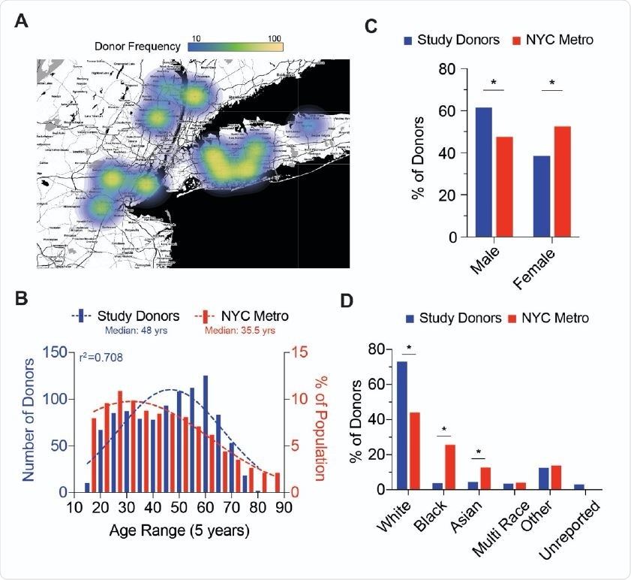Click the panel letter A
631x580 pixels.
pos(23,23)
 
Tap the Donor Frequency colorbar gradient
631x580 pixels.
pos(235,47)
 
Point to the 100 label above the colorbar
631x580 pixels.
pos(274,37)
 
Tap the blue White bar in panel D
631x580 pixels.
pos(402,425)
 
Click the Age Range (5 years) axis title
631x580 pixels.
pos(176,530)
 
